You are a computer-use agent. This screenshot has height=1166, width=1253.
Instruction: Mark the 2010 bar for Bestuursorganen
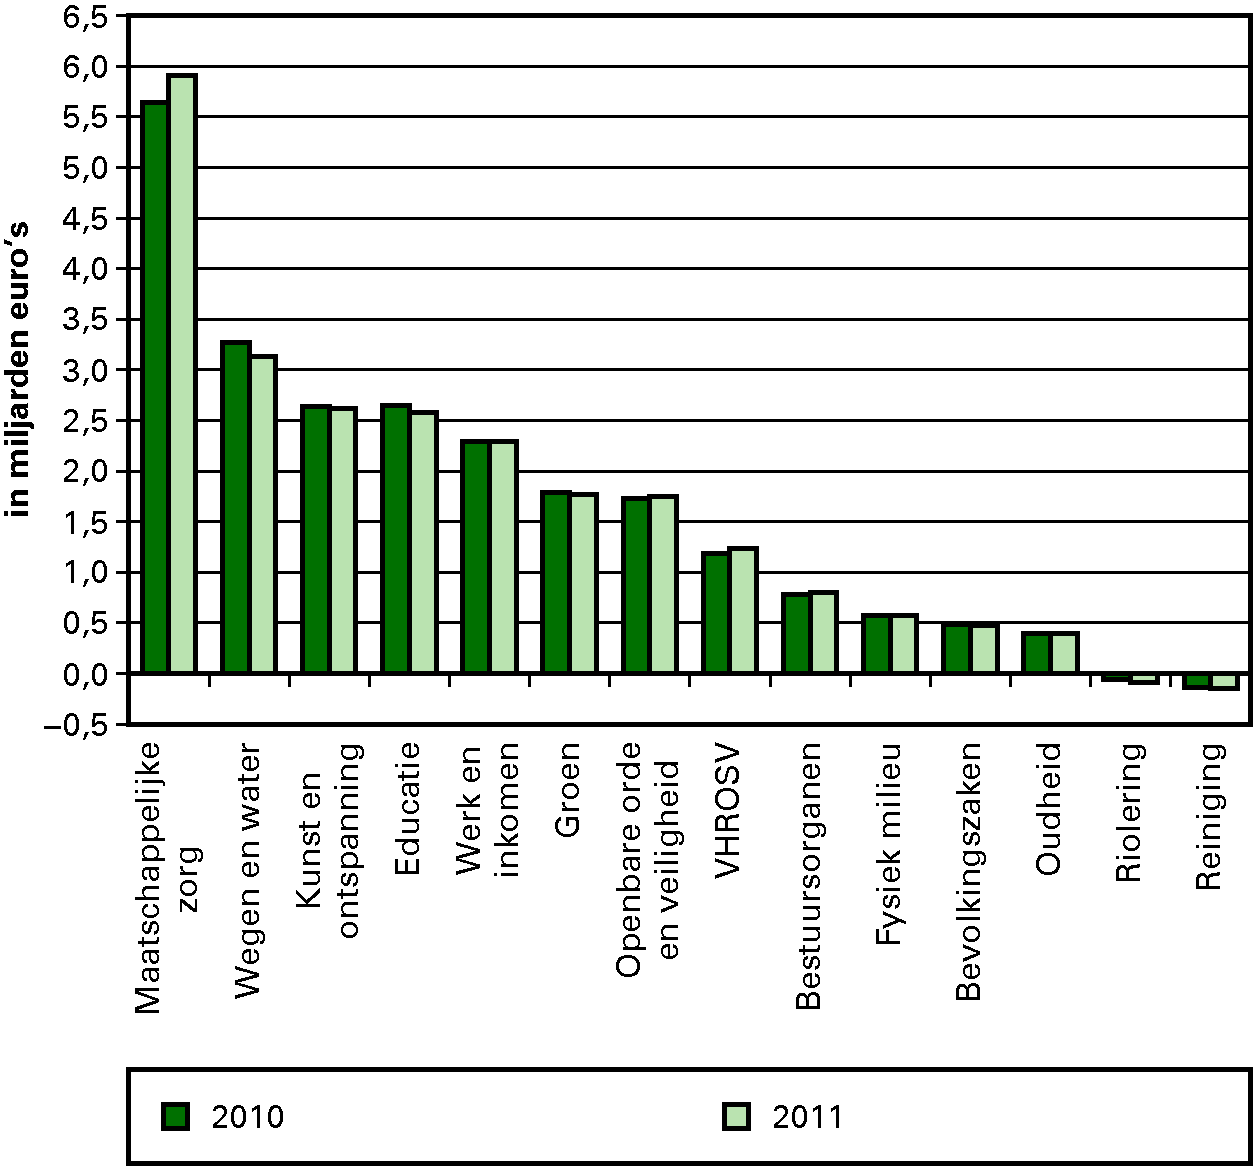tap(795, 633)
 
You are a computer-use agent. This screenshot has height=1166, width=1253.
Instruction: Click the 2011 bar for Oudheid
tap(1064, 653)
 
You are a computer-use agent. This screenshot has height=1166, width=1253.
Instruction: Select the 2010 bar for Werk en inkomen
tap(475, 557)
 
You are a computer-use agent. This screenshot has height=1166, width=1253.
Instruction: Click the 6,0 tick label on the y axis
tap(85, 66)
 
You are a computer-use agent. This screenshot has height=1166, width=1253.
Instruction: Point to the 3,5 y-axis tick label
tap(85, 319)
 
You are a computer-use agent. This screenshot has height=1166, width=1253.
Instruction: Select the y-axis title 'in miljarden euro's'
tap(20, 368)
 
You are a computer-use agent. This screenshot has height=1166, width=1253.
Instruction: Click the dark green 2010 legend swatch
tap(176, 1116)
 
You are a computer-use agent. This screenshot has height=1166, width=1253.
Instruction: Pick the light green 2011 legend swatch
tap(736, 1116)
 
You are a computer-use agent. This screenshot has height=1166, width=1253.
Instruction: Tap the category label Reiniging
tap(1209, 815)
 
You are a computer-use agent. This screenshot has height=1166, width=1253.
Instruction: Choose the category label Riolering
tap(1128, 812)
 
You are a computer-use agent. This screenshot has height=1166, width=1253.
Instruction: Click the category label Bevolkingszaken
tap(968, 870)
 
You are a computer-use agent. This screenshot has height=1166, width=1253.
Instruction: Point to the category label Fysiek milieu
tap(888, 843)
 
